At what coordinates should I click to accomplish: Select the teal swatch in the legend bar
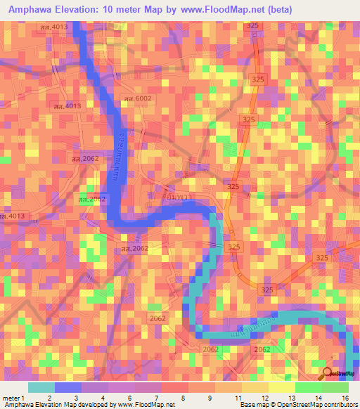(41, 387)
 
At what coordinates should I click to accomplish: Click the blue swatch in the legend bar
(68, 387)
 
